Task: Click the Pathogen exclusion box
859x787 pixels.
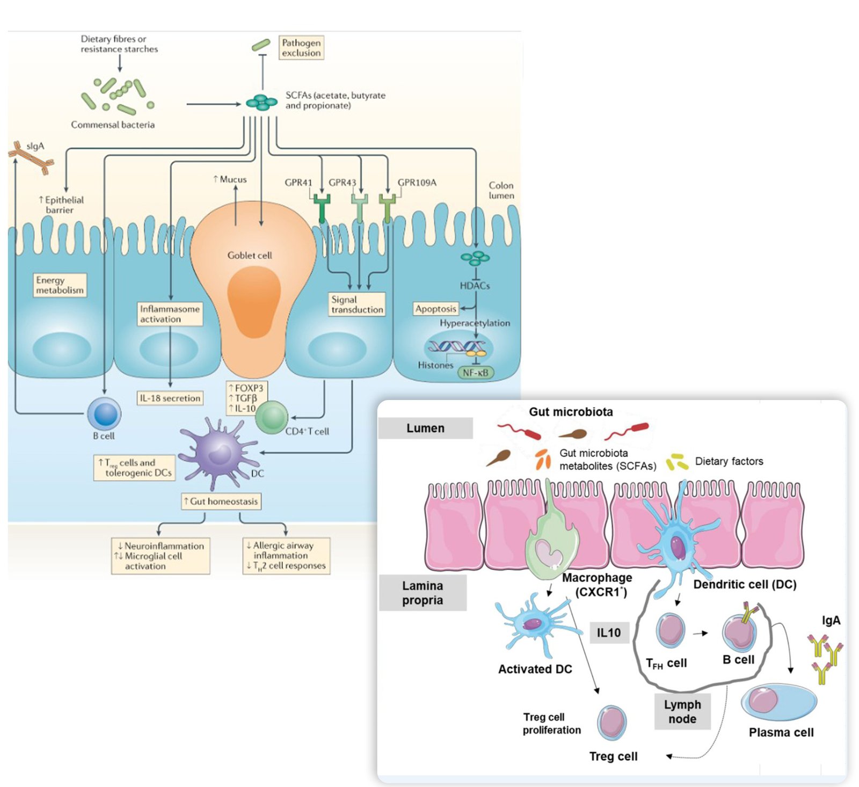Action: pos(301,48)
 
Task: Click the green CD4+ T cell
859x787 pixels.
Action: pos(272,417)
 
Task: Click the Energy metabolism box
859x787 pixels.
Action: pos(60,285)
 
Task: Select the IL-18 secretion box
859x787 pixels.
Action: pos(170,398)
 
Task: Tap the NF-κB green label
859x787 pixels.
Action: pos(475,373)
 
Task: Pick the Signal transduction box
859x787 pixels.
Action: pos(357,304)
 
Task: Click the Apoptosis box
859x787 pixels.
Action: pos(435,309)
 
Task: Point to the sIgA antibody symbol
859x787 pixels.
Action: pos(31,158)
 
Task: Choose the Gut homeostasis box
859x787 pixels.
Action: pos(221,501)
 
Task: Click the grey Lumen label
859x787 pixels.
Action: pos(425,428)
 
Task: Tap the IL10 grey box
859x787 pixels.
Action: pos(608,633)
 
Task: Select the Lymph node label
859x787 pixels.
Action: pos(682,712)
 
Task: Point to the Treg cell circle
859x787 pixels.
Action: pos(612,723)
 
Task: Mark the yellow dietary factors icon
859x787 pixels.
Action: pos(677,462)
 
